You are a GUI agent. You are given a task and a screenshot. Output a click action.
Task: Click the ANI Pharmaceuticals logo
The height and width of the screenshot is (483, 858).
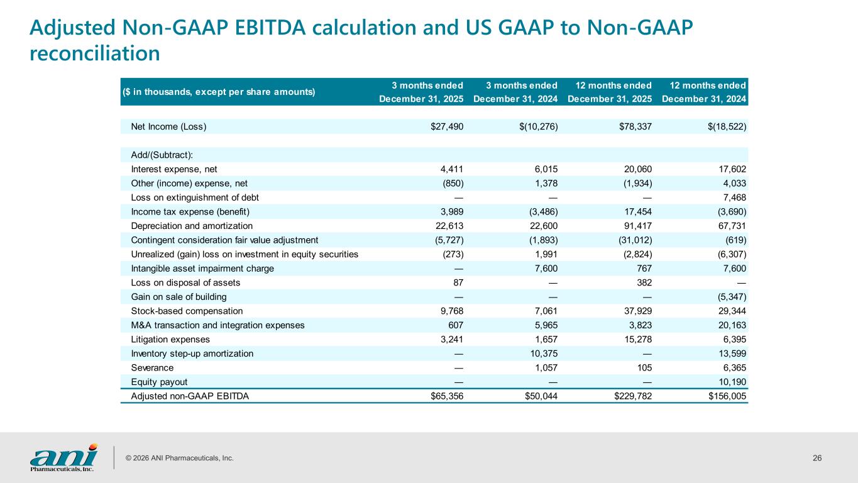63,458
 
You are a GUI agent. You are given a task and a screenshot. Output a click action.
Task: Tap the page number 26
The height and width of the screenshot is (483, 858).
817,458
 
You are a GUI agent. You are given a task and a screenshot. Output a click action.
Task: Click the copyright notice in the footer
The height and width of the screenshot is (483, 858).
180,458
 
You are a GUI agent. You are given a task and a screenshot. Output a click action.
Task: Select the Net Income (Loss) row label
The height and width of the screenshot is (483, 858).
168,126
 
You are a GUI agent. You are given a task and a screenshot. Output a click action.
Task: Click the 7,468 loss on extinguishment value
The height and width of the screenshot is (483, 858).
734,197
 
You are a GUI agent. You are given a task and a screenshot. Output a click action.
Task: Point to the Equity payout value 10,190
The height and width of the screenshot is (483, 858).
732,382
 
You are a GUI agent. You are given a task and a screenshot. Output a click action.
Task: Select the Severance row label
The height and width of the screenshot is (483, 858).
152,367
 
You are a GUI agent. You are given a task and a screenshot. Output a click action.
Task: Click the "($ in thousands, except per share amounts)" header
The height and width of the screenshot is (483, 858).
219,92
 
